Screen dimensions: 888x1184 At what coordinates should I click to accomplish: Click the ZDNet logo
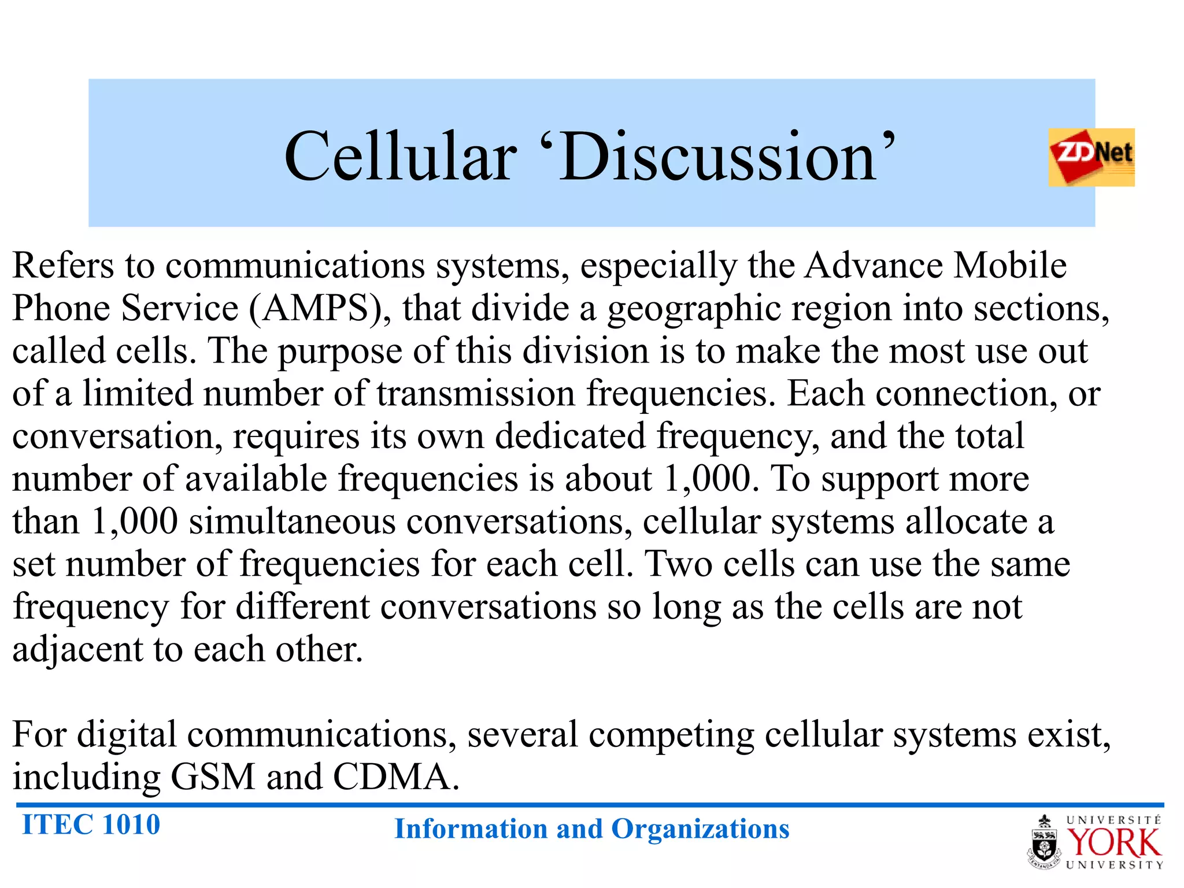pos(1091,157)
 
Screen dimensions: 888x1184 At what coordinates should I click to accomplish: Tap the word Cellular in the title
pos(400,157)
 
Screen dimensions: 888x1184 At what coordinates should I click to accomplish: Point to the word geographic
pos(694,309)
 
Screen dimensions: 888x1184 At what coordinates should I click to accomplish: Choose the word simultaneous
pos(293,521)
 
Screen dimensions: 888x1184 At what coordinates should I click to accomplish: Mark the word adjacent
pos(77,649)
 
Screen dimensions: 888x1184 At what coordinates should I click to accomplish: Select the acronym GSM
pos(213,776)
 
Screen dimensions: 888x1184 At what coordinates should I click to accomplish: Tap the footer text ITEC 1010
pos(91,824)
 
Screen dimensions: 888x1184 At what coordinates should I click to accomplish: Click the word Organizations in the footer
pos(700,829)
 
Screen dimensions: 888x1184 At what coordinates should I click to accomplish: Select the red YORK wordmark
pos(1113,843)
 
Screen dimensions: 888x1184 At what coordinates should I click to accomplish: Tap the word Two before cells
pos(679,564)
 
